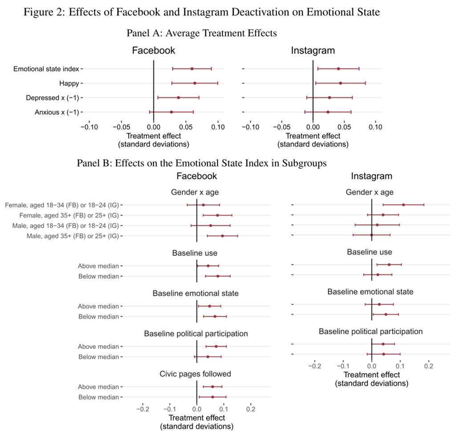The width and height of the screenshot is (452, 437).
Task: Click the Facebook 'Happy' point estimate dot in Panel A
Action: click(x=195, y=83)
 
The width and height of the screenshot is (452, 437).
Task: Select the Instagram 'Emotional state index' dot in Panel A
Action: click(x=338, y=69)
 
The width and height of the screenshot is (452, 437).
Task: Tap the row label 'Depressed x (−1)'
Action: click(x=53, y=98)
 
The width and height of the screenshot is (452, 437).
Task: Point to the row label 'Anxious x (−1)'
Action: click(x=57, y=112)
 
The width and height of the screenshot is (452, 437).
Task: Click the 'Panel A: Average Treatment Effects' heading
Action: click(x=202, y=33)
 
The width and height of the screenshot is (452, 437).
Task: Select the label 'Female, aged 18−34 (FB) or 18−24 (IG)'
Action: click(x=62, y=205)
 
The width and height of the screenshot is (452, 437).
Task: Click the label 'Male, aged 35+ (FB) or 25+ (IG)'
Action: click(x=73, y=236)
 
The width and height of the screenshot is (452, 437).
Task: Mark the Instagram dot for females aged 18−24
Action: click(x=403, y=205)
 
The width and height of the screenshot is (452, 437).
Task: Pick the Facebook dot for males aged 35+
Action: click(x=222, y=236)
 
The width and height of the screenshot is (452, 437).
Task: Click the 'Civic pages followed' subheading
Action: click(x=195, y=374)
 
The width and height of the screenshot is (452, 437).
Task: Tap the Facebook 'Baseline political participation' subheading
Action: click(x=196, y=334)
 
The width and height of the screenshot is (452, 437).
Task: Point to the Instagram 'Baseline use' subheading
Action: click(x=370, y=252)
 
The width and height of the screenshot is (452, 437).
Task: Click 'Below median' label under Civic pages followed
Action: click(x=98, y=397)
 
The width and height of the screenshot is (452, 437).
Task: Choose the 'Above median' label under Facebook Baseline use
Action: click(x=98, y=266)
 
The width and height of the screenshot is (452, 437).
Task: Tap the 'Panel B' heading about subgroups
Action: click(x=202, y=163)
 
